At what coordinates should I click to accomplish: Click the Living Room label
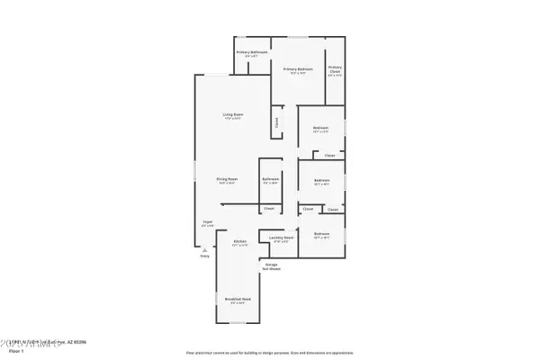(x=232, y=115)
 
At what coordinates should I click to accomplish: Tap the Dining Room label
(x=226, y=179)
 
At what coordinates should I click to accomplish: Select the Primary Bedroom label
(x=298, y=69)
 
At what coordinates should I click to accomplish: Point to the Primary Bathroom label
(x=253, y=53)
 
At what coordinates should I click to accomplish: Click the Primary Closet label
(x=335, y=69)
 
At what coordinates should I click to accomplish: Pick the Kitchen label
(x=240, y=242)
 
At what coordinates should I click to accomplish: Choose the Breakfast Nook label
(x=239, y=299)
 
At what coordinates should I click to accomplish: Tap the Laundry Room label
(x=281, y=238)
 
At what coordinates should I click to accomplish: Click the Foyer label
(x=207, y=221)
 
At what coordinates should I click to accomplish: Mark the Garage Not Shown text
(x=271, y=265)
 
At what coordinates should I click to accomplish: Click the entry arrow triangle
(x=204, y=249)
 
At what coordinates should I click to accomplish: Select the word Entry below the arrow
(x=204, y=256)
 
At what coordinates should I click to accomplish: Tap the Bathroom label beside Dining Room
(x=271, y=179)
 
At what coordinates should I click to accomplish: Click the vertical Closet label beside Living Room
(x=276, y=121)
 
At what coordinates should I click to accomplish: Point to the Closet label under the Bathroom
(x=269, y=209)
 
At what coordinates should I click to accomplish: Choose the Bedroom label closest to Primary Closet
(x=321, y=128)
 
